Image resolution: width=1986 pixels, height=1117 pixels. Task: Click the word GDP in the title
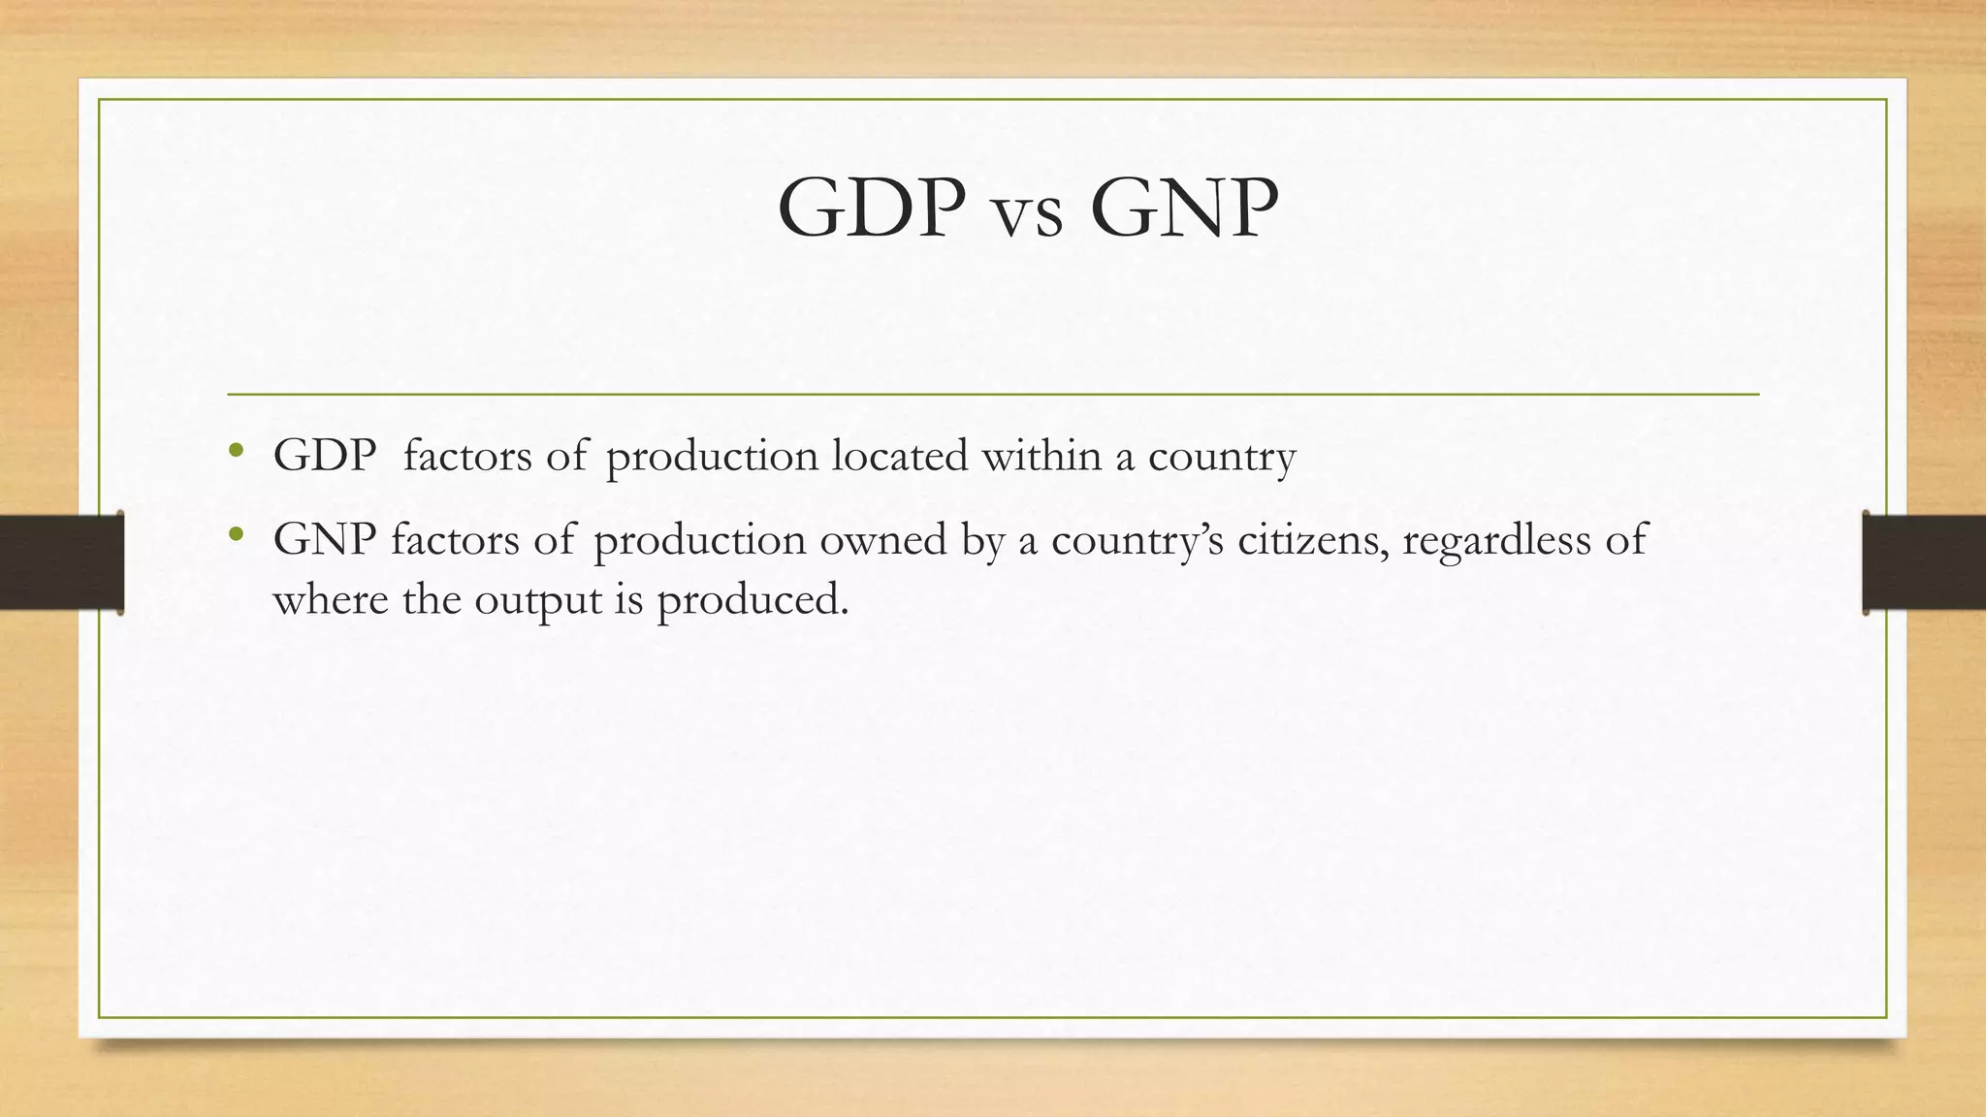[x=871, y=208]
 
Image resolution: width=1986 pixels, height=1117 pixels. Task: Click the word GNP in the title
[x=1184, y=208]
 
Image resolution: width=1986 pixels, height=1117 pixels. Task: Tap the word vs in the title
[x=1028, y=215]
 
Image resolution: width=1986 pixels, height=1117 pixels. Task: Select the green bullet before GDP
[x=236, y=451]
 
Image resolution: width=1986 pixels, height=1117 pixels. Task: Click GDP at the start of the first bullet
[x=325, y=456]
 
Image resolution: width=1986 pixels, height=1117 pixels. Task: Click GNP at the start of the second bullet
[x=325, y=539]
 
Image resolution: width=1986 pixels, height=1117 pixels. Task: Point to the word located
[x=900, y=456]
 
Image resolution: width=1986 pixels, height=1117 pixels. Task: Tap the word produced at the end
[x=752, y=601]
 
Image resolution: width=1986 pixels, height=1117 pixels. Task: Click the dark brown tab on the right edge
[x=1924, y=562]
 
